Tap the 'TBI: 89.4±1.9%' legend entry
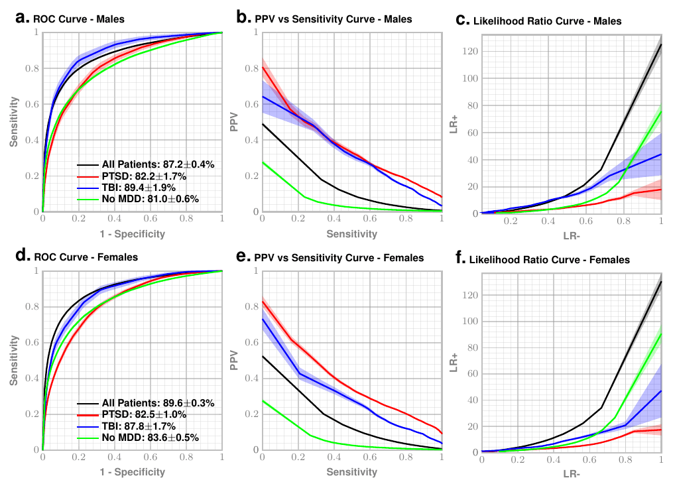(x=147, y=187)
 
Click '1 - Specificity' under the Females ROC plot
(x=132, y=472)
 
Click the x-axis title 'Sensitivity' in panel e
(x=351, y=472)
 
